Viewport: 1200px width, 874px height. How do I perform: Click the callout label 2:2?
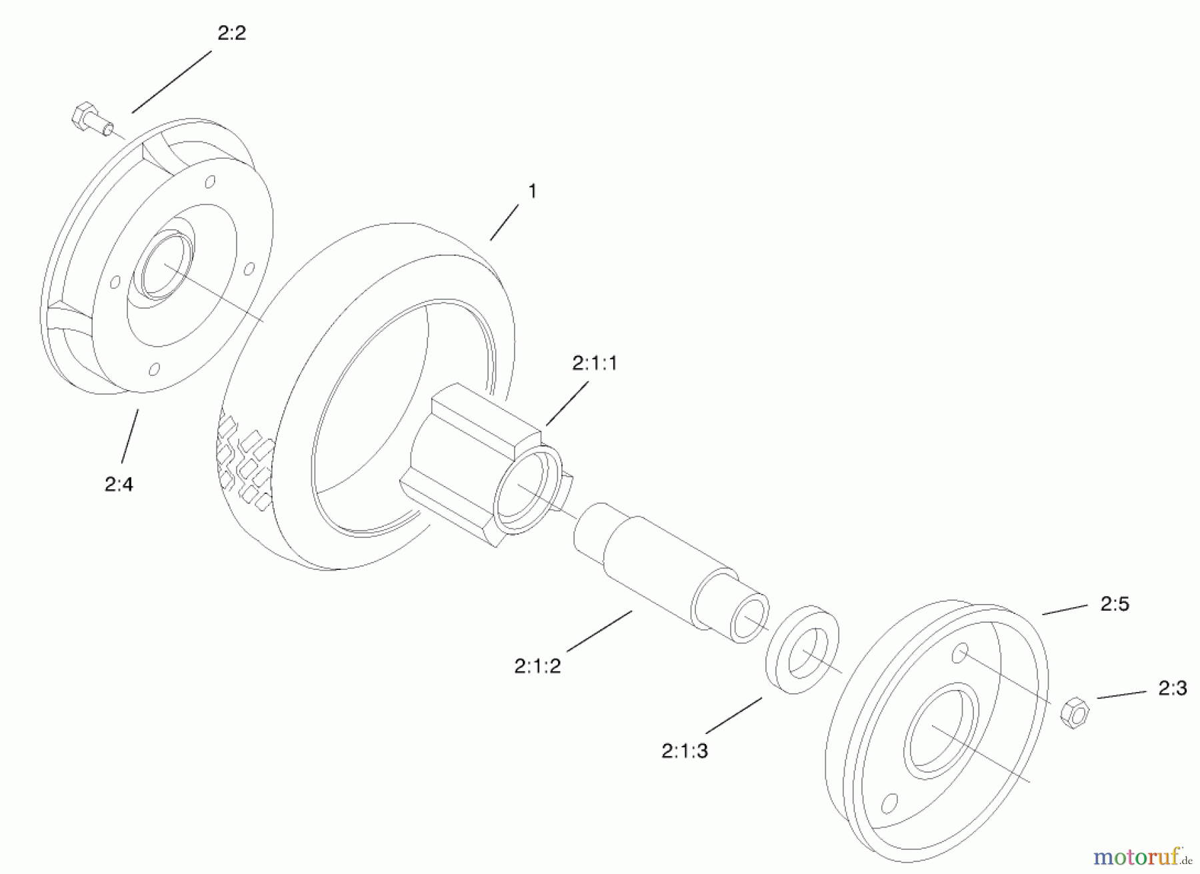point(231,33)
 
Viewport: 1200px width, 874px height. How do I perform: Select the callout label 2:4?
point(119,484)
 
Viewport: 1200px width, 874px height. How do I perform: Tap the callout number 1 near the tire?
point(532,191)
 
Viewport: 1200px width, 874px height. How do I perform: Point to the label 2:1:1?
point(595,363)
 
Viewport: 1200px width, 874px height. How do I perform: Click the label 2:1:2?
point(537,665)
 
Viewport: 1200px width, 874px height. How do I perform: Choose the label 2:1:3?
point(685,751)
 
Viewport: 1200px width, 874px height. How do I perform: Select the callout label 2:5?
point(1115,604)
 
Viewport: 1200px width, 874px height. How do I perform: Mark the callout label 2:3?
point(1173,688)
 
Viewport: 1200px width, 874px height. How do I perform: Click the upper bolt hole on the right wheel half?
point(960,653)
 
